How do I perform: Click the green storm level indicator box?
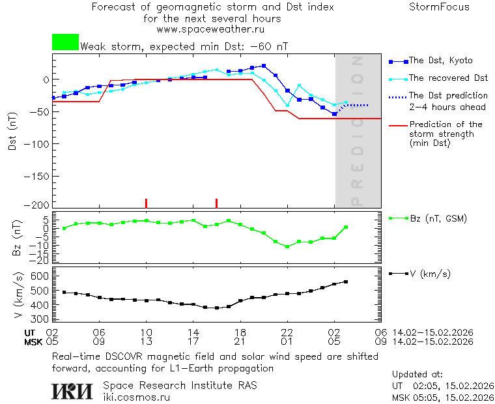pyautogui.click(x=65, y=42)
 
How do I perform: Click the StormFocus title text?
pyautogui.click(x=439, y=7)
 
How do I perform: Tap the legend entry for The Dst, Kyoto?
pyautogui.click(x=440, y=61)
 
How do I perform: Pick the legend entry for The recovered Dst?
pyautogui.click(x=448, y=78)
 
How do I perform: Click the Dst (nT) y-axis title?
pyautogui.click(x=12, y=132)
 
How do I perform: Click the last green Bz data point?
pyautogui.click(x=346, y=227)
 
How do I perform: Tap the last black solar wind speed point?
pyautogui.click(x=346, y=282)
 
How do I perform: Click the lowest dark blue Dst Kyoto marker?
pyautogui.click(x=334, y=114)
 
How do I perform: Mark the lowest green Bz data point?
pyautogui.click(x=287, y=247)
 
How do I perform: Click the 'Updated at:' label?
pyautogui.click(x=417, y=375)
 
